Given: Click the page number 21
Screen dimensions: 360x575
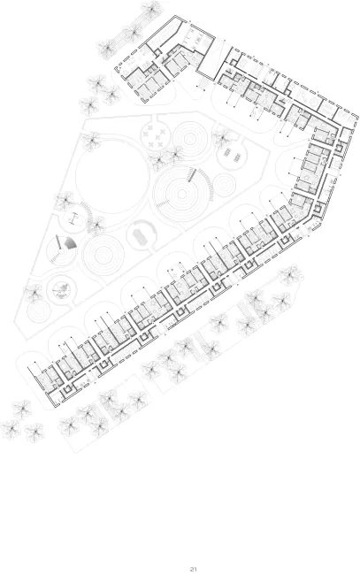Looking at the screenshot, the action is click(x=193, y=569).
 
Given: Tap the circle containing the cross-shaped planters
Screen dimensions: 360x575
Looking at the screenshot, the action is click(x=157, y=136).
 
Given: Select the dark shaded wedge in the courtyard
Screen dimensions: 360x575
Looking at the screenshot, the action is click(x=70, y=242).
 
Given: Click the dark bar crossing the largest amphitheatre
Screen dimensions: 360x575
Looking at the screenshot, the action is click(x=191, y=174).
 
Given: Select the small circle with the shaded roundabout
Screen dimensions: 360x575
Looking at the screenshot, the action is click(x=62, y=289).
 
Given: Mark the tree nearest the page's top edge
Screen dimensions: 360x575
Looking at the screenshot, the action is click(x=151, y=7).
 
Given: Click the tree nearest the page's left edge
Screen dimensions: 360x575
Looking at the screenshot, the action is click(x=11, y=429).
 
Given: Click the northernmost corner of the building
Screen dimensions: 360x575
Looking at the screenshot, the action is click(x=176, y=15).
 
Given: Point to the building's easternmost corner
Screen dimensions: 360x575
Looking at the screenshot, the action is click(x=357, y=117).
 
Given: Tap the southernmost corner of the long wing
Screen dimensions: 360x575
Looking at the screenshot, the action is click(x=55, y=407).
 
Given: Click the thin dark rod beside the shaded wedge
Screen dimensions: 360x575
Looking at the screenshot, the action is click(x=58, y=242).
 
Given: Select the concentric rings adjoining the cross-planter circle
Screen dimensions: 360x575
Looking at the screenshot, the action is click(x=189, y=139).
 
